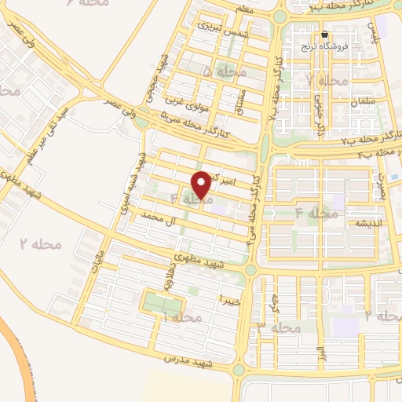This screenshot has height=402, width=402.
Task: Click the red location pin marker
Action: click(202, 184)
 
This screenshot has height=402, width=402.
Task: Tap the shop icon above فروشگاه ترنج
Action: click(325, 34)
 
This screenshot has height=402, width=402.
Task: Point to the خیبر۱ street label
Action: click(228, 300)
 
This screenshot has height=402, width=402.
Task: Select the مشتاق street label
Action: click(243, 99)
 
